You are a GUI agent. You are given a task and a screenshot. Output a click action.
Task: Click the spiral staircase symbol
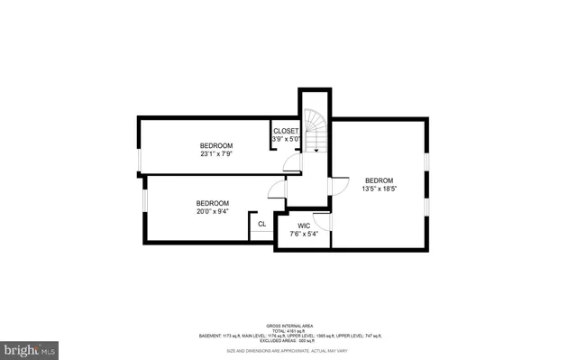click(316, 127)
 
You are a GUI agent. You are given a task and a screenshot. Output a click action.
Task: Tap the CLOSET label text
click(286, 130)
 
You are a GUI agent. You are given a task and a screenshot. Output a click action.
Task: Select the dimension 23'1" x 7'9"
click(216, 154)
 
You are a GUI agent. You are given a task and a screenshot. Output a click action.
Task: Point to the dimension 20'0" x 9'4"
click(213, 212)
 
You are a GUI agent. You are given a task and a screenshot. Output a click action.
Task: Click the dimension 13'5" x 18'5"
click(379, 189)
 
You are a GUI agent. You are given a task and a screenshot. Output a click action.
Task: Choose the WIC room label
click(304, 225)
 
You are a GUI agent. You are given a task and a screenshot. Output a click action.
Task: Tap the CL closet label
click(262, 225)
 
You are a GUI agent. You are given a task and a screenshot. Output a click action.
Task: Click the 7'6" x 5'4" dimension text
click(304, 234)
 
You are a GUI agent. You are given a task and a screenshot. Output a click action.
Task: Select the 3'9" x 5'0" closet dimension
click(286, 139)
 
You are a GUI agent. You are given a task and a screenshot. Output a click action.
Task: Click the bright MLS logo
click(29, 347)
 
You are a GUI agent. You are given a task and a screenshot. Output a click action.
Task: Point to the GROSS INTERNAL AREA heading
click(288, 325)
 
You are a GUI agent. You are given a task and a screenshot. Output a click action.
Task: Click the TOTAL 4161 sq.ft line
click(288, 330)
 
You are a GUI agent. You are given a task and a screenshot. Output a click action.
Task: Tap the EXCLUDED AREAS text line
click(288, 340)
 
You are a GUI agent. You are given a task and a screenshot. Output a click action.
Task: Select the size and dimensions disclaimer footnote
click(288, 350)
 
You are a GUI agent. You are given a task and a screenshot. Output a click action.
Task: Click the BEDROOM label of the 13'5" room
click(379, 180)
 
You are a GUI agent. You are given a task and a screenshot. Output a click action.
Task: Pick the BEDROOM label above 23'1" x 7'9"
click(216, 145)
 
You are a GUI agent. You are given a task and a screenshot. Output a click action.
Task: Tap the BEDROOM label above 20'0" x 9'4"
click(213, 203)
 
